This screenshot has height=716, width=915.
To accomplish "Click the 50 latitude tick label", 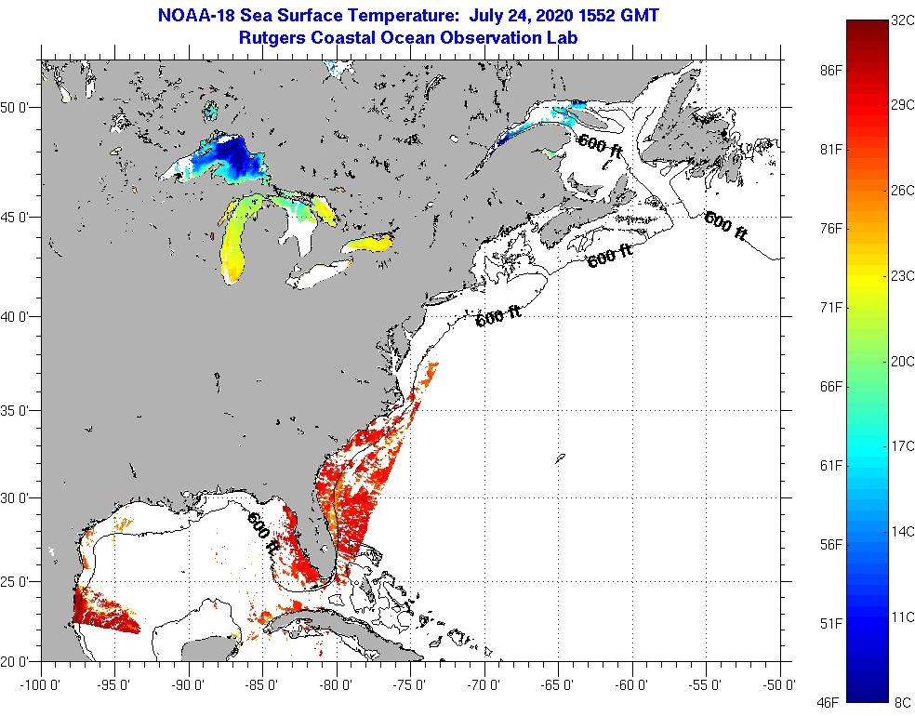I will pyautogui.click(x=20, y=107).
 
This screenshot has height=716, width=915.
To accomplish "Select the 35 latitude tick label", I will pyautogui.click(x=20, y=410).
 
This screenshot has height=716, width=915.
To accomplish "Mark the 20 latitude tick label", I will pyautogui.click(x=20, y=661).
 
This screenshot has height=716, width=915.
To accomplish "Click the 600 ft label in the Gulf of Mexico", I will pyautogui.click(x=262, y=534).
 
